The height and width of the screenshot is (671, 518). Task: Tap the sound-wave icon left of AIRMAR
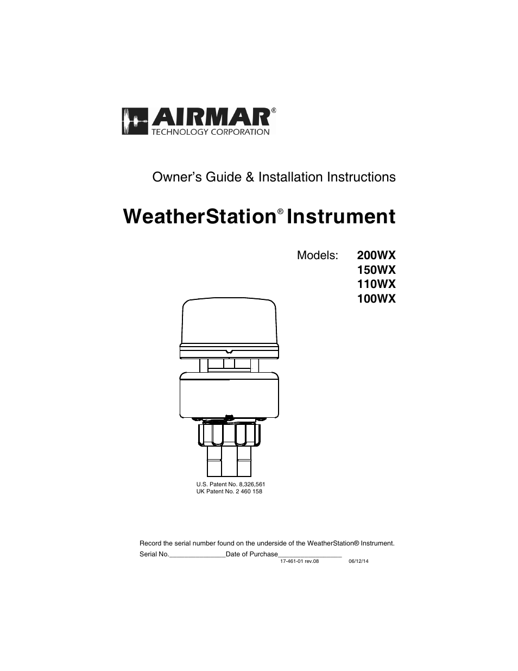[135, 121]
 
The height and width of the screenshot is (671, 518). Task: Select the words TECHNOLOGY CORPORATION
[211, 132]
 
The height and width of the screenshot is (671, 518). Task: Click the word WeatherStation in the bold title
[200, 216]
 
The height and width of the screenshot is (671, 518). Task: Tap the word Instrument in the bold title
[341, 216]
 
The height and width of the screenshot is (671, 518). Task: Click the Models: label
[318, 255]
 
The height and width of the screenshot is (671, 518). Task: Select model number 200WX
[376, 255]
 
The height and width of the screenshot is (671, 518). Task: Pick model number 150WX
[376, 270]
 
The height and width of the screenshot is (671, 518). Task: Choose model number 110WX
[376, 284]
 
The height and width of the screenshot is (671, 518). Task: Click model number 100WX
[376, 299]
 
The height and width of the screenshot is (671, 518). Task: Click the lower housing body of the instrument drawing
[229, 396]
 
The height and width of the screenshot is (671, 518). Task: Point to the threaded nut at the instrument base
[229, 435]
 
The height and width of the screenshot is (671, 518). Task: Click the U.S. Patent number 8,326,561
[252, 484]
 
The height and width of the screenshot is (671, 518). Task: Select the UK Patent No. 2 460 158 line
[229, 491]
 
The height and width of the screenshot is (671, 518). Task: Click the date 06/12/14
[358, 561]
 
